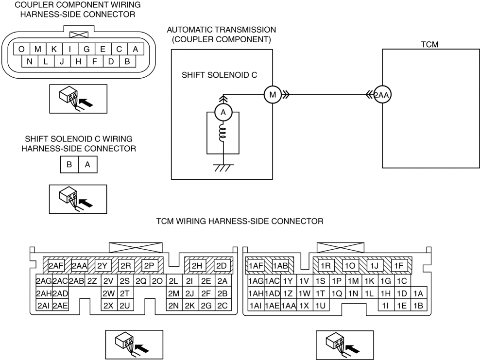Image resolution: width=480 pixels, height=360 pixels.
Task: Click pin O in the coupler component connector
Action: [21, 49]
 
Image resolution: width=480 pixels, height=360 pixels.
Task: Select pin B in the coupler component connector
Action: [127, 62]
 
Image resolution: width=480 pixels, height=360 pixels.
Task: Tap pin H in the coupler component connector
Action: [79, 62]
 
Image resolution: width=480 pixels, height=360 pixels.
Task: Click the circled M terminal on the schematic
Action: [271, 95]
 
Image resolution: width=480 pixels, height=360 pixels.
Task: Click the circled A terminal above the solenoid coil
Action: [223, 113]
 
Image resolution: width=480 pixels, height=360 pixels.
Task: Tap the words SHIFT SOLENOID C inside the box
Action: [219, 75]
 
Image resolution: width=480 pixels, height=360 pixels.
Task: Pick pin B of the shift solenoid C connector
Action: [69, 165]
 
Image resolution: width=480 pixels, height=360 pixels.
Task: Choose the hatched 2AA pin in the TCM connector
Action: [79, 266]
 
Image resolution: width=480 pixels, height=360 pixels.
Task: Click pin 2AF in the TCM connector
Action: [56, 266]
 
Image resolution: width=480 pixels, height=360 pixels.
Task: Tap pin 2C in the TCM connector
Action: [223, 305]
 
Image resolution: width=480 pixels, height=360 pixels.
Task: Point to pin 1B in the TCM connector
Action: [418, 305]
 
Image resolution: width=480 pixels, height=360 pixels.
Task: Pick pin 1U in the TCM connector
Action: [321, 305]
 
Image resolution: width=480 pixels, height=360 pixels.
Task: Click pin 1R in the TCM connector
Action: [326, 266]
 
